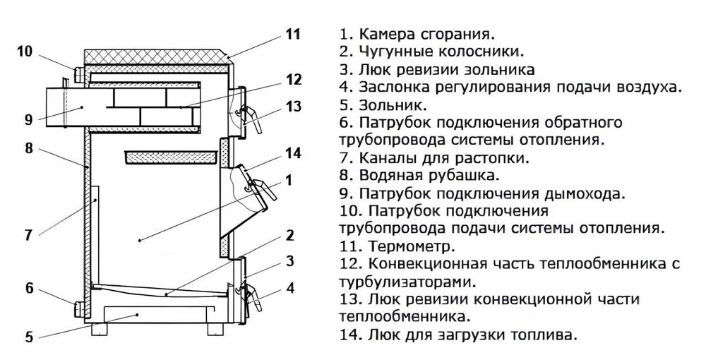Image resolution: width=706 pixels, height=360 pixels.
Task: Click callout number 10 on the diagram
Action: coord(25,51)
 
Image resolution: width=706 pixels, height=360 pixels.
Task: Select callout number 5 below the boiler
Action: coord(29,337)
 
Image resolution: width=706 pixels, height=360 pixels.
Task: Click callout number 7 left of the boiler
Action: coord(28,235)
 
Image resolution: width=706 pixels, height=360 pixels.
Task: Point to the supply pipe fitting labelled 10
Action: coord(80,73)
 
